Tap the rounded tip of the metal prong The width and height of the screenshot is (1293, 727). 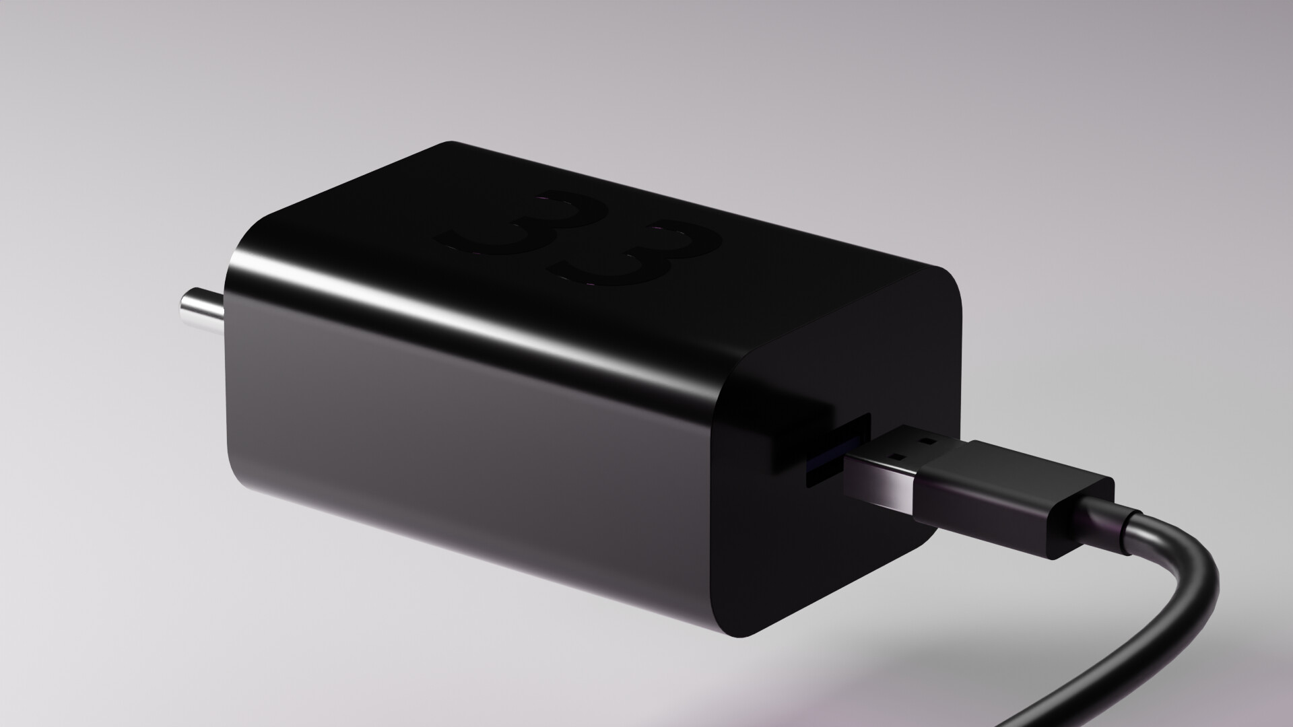(x=183, y=304)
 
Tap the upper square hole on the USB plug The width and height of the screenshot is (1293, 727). (x=929, y=442)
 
